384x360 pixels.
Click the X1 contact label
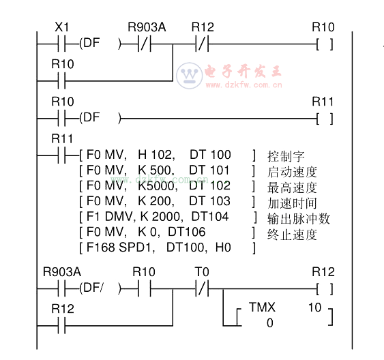(x=61, y=27)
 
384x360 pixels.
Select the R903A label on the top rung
(x=147, y=27)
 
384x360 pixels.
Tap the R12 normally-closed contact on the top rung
(x=202, y=44)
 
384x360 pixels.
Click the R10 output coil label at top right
(x=323, y=27)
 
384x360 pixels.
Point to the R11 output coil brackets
(x=325, y=119)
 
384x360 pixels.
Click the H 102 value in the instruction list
(x=157, y=155)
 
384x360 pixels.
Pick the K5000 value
(x=158, y=185)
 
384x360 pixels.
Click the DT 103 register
(x=209, y=201)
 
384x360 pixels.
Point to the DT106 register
(x=187, y=232)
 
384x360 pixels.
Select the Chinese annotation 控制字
(x=286, y=156)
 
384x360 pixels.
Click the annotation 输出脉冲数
(x=299, y=219)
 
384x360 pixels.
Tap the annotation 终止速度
(x=292, y=235)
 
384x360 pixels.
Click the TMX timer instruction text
(x=262, y=307)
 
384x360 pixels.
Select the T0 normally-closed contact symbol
(x=202, y=289)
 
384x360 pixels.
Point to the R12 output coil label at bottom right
(x=323, y=272)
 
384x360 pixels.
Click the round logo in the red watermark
(x=190, y=76)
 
